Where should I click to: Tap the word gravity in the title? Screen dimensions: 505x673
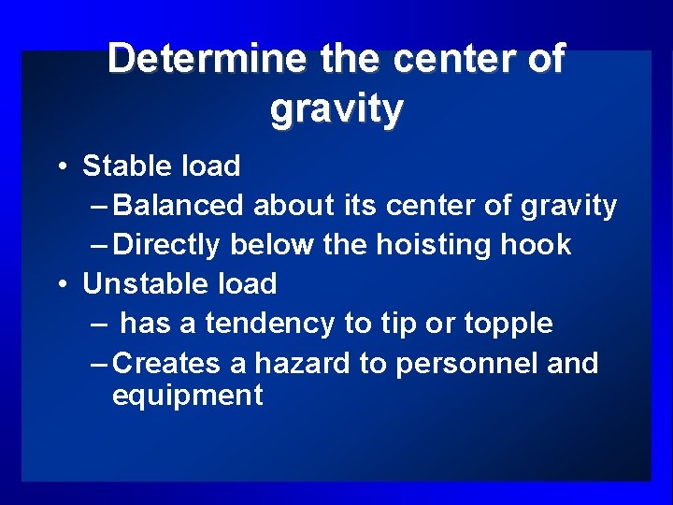(x=336, y=108)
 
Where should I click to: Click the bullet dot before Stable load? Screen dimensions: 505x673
(x=60, y=167)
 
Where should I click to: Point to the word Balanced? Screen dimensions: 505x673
(x=179, y=206)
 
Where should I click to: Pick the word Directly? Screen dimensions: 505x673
(x=166, y=245)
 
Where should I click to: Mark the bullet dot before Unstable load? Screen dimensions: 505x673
(x=60, y=284)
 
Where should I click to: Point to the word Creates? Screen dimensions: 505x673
(x=168, y=363)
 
